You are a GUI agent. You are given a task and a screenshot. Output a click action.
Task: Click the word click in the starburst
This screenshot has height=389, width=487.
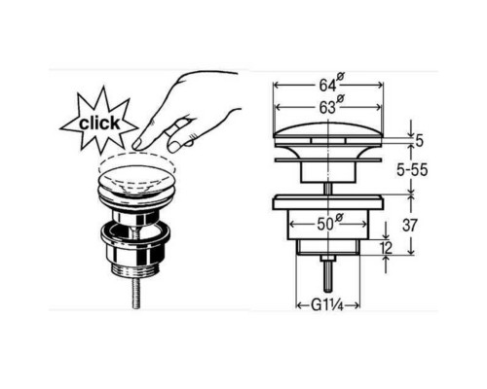(99, 124)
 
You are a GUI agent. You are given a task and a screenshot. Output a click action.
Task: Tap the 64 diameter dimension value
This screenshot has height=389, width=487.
(327, 86)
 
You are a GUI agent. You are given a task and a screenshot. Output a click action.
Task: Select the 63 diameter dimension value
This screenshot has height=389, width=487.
(327, 107)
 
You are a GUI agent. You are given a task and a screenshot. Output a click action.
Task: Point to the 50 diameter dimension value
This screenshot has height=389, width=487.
(325, 225)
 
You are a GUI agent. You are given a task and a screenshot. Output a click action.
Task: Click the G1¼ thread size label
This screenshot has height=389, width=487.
(327, 305)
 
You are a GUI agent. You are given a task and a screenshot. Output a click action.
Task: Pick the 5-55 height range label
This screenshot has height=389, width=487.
(412, 170)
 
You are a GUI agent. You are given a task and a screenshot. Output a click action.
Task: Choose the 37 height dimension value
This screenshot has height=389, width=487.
(410, 225)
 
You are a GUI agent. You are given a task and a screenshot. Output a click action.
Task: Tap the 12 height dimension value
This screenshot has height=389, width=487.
(386, 248)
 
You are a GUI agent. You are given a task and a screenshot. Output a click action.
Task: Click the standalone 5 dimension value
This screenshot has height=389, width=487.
(420, 141)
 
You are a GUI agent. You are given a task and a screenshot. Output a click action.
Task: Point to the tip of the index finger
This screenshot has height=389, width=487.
(136, 145)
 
